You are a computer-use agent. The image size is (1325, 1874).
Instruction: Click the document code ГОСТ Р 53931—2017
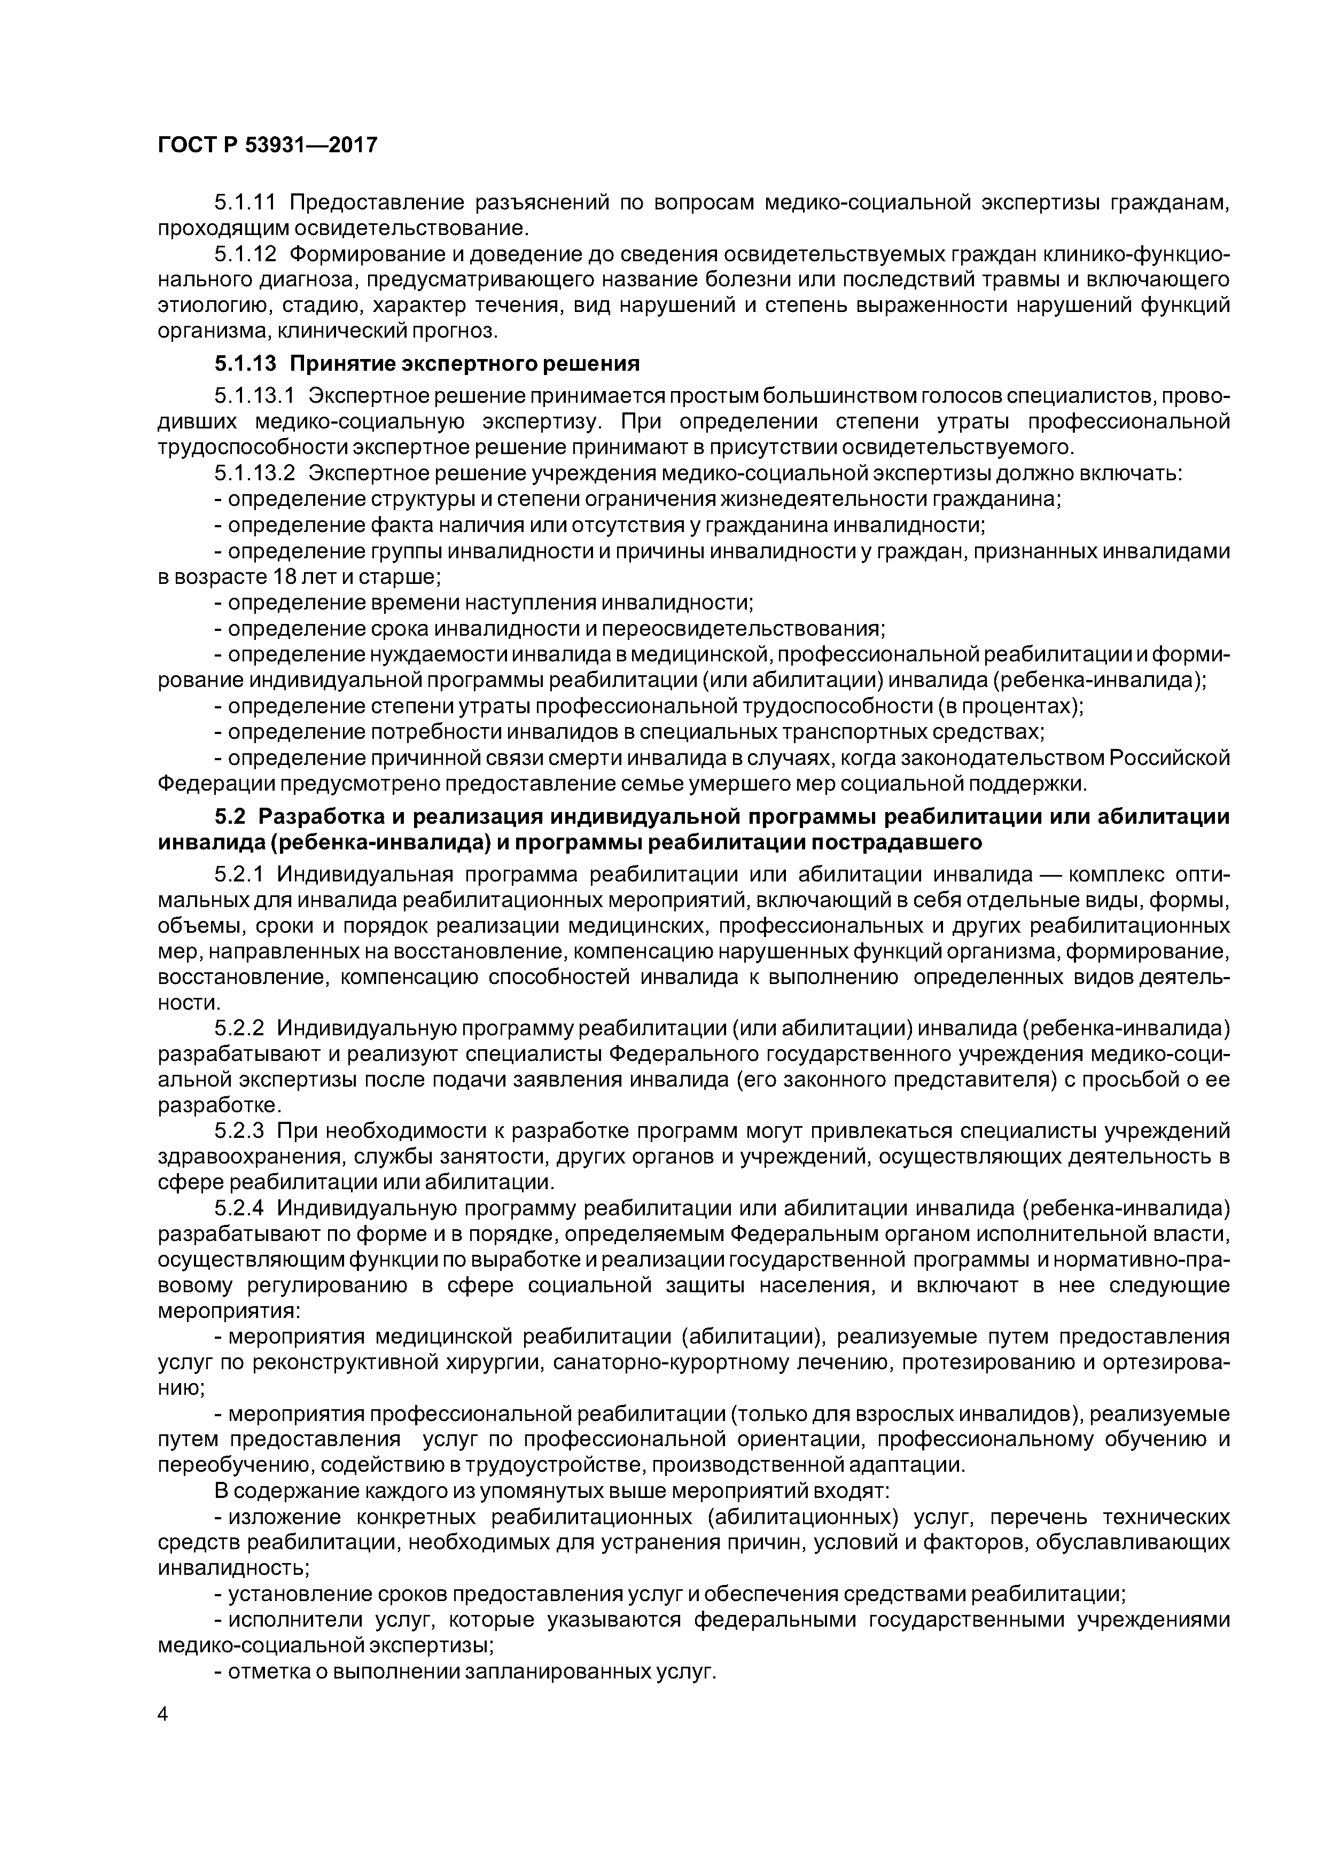point(267,145)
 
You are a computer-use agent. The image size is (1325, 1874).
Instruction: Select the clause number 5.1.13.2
point(254,473)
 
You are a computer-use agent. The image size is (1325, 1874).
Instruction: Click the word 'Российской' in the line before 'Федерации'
point(1168,758)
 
